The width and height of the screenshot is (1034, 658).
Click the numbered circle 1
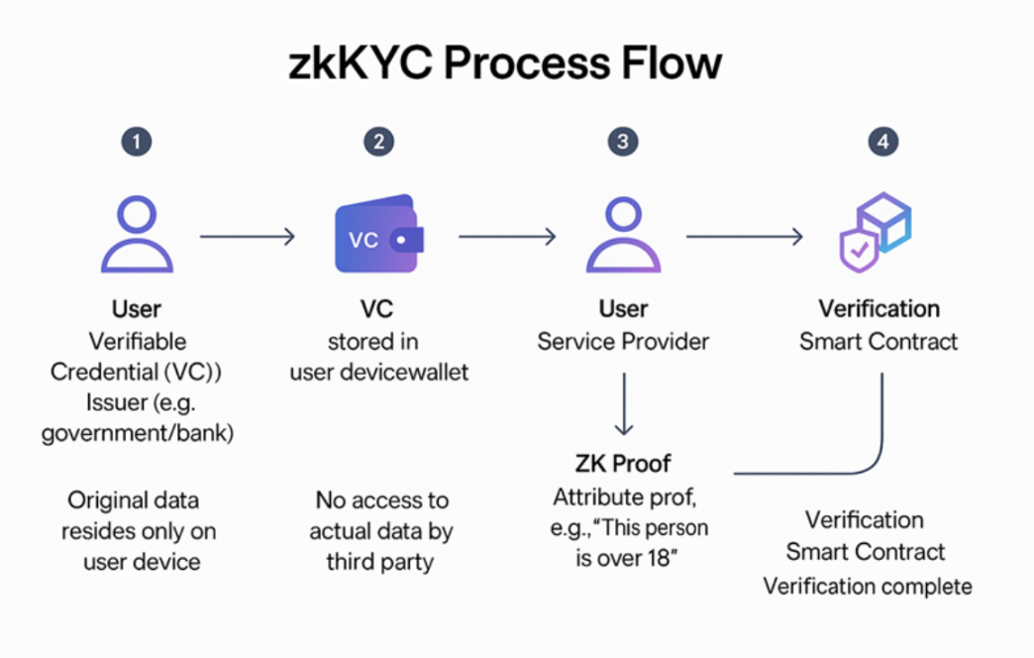tap(137, 142)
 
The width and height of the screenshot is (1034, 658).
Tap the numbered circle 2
tap(377, 142)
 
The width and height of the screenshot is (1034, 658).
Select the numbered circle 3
tap(622, 142)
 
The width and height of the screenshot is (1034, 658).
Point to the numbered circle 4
tap(882, 142)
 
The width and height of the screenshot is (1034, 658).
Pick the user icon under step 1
tap(137, 235)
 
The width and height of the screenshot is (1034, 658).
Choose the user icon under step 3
tap(623, 235)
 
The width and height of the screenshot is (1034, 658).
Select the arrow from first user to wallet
tap(248, 236)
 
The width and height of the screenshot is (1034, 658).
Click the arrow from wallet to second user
tap(507, 236)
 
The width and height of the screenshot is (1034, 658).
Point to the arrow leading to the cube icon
tap(745, 236)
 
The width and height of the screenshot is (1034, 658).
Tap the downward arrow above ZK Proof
tap(623, 403)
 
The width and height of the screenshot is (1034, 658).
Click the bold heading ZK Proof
tap(623, 463)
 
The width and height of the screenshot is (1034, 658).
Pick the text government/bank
tap(137, 433)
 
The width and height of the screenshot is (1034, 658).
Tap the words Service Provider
tap(623, 342)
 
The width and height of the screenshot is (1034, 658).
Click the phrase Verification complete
tap(868, 586)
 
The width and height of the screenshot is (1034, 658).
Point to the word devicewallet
tap(378, 373)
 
